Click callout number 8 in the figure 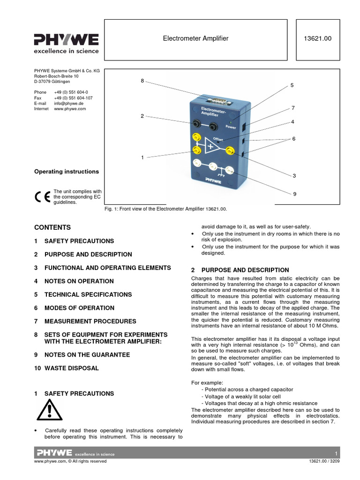[x=142, y=81]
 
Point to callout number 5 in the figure [x=292, y=86]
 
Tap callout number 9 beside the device [x=295, y=194]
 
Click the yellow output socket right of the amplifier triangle [x=230, y=150]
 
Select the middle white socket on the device [x=213, y=167]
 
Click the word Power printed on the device [x=231, y=127]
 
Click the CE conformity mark [x=42, y=197]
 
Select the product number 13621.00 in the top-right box [x=318, y=38]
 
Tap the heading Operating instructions [x=67, y=172]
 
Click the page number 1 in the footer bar [x=336, y=454]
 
